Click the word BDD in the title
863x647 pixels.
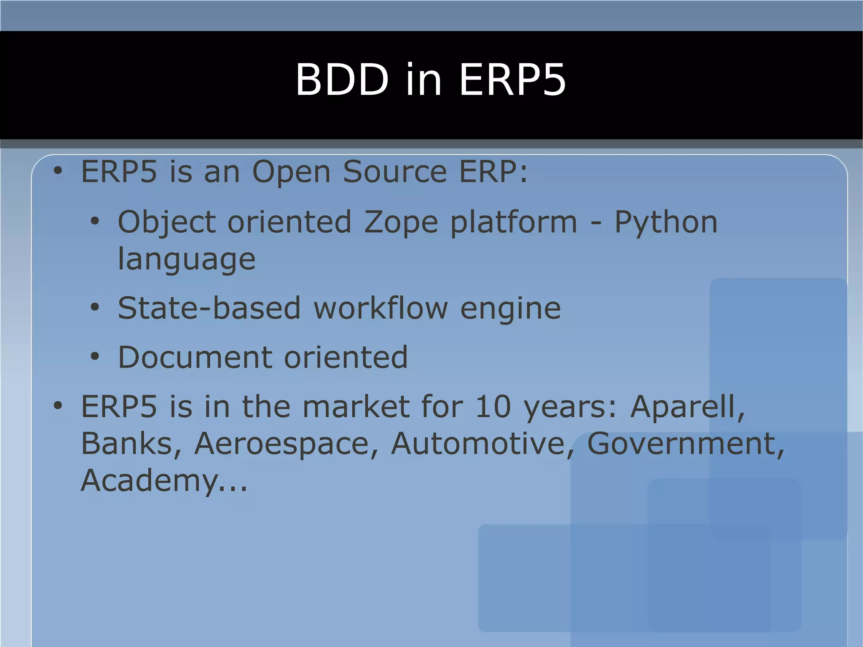(341, 80)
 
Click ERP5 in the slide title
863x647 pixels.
(512, 80)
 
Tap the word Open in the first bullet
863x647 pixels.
(291, 173)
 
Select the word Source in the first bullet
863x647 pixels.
(394, 172)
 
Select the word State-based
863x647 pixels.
(209, 309)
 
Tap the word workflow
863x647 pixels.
(381, 309)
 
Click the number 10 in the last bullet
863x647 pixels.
(493, 407)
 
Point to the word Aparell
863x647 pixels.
(687, 407)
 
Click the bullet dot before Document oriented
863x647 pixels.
(95, 357)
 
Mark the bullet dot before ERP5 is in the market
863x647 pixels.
(58, 406)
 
